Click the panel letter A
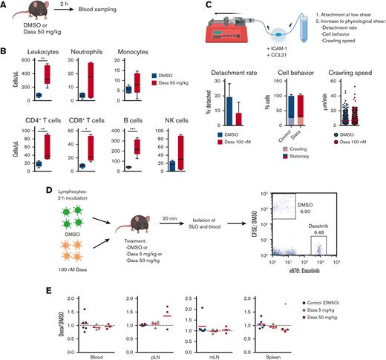coord(5,6)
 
